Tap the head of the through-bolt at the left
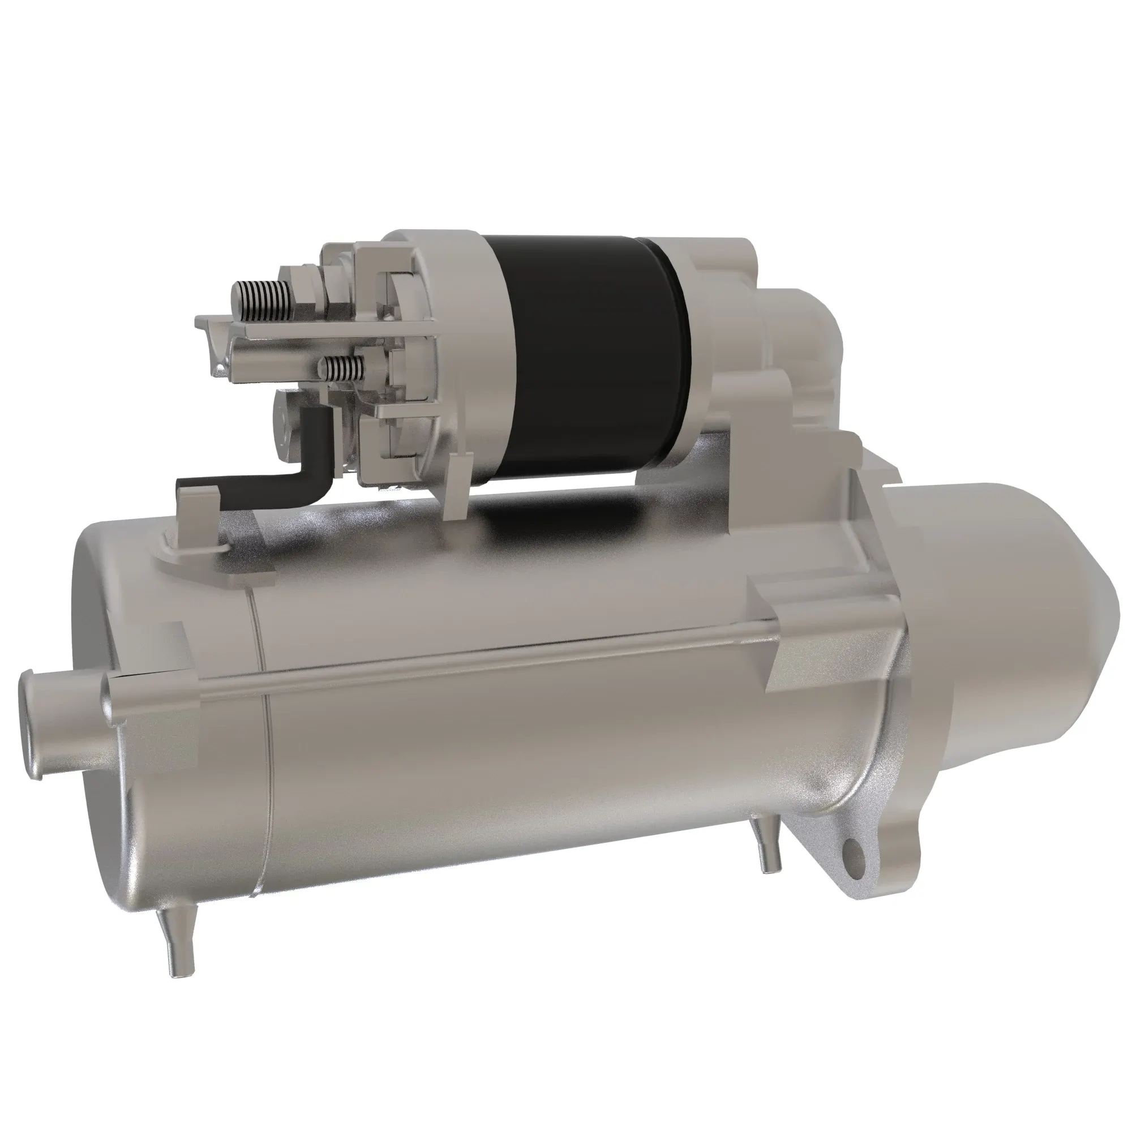[112, 697]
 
